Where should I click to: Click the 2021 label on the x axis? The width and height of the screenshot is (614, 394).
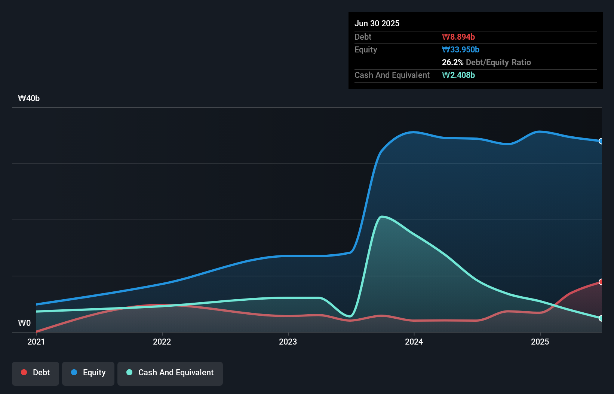click(x=36, y=342)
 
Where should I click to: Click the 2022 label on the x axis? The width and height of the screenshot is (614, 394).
click(x=162, y=342)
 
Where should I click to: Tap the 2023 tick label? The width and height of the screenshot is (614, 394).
click(x=288, y=342)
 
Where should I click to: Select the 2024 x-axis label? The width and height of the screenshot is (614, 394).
click(x=414, y=342)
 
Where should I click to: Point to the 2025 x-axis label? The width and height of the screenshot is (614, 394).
click(x=540, y=342)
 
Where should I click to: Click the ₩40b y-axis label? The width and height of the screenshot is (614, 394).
click(x=29, y=98)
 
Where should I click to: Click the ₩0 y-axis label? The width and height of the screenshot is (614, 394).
click(x=24, y=323)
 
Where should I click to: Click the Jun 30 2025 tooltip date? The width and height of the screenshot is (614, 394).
click(x=377, y=23)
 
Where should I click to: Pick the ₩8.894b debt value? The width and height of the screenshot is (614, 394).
click(x=458, y=37)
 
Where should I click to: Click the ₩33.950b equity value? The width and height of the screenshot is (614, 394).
click(x=460, y=49)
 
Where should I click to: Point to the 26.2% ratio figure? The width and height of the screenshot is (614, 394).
click(x=452, y=62)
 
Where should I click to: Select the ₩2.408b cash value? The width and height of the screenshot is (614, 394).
click(x=458, y=75)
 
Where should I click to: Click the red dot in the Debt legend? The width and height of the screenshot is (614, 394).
click(x=24, y=372)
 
